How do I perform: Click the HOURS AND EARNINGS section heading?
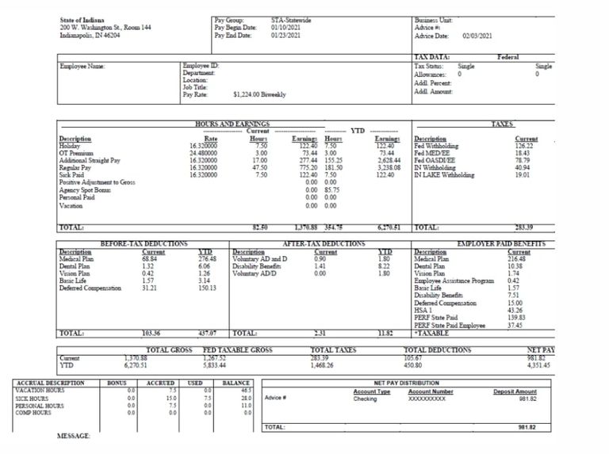coord(232,124)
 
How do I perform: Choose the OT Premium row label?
coord(78,153)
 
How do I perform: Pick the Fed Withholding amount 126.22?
coord(525,146)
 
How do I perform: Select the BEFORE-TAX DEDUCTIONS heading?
coord(144,244)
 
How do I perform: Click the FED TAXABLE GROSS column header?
coord(237,349)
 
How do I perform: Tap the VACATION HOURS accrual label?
coord(40,391)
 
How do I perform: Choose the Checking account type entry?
coord(365,399)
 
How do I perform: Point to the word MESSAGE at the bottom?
coord(74,437)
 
